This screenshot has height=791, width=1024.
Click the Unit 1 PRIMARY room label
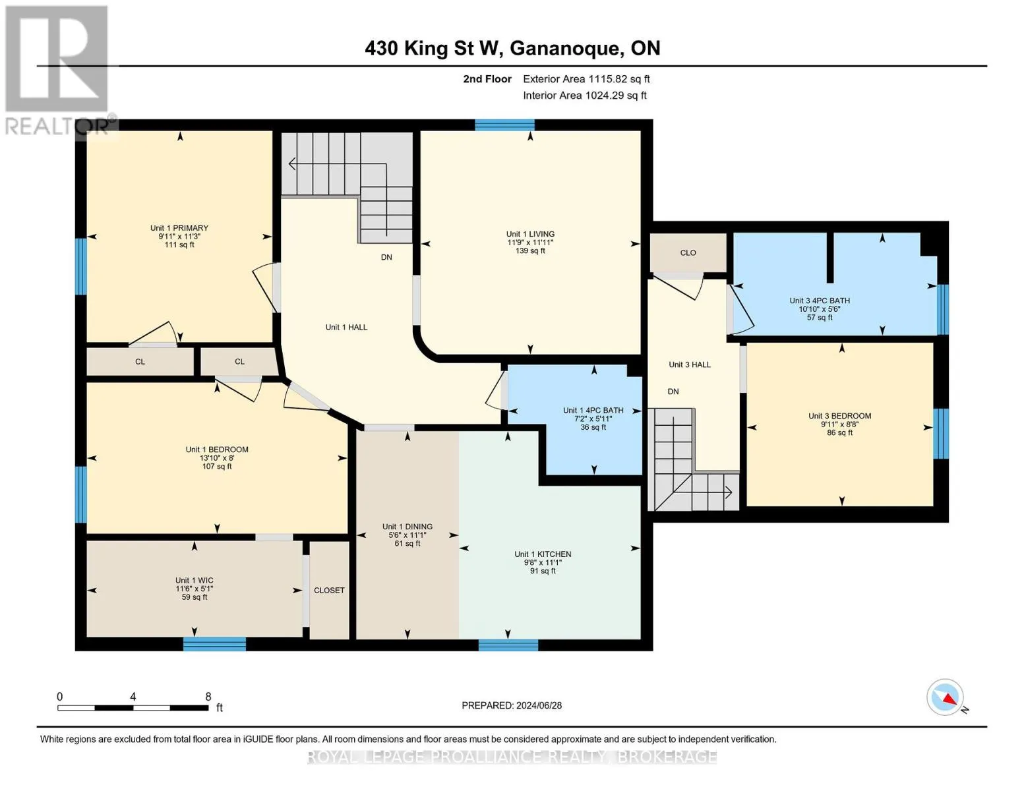coord(179,229)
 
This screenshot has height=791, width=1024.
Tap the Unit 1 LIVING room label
coord(530,234)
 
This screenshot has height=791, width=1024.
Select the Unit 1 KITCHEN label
coord(543,554)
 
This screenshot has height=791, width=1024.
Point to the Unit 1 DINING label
coord(407,527)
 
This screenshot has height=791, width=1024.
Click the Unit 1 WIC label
coord(194,581)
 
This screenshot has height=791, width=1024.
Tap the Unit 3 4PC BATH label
coord(819,301)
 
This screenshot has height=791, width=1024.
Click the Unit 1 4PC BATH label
coord(593,410)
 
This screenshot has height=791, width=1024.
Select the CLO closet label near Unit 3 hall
coord(688,253)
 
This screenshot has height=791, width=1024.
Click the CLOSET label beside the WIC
coord(329,591)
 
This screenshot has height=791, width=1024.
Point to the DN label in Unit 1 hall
coord(386,257)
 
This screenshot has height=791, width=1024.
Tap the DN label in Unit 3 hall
coord(673,392)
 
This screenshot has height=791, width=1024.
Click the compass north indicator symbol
coord(946,697)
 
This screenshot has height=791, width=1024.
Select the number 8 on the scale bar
coord(208,697)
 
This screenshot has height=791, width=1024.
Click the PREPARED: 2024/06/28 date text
coord(512,705)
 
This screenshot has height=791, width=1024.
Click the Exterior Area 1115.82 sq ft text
coord(586,79)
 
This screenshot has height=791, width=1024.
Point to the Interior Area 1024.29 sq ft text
coord(584,96)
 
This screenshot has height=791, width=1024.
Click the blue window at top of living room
coord(504,125)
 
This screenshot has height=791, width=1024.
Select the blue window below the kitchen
coord(508,645)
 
